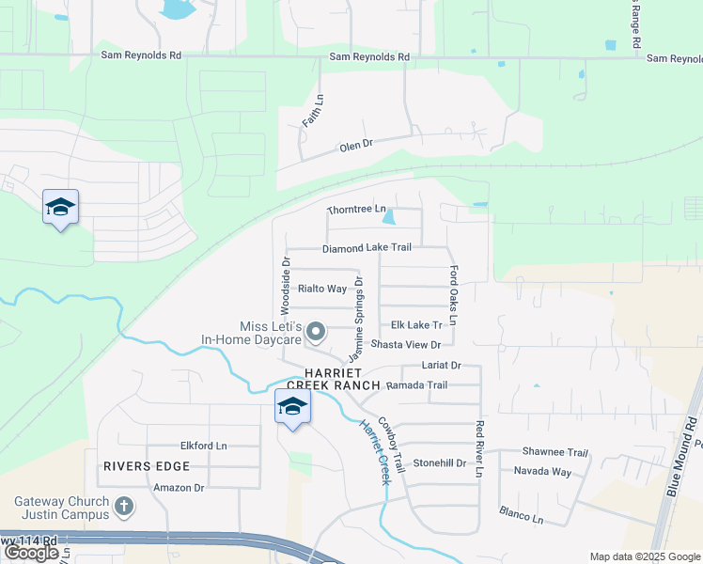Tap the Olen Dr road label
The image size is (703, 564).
(356, 145)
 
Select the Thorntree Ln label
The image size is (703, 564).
(356, 209)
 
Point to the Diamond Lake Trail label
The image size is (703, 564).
(367, 248)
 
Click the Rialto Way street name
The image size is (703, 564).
(322, 289)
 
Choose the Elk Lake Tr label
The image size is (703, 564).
(415, 325)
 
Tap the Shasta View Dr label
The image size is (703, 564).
(406, 345)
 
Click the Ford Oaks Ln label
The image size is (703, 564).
(453, 295)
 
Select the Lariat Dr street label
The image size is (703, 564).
(443, 365)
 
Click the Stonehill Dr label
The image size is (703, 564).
(440, 462)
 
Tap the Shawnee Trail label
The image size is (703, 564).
(556, 452)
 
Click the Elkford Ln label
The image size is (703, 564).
(204, 446)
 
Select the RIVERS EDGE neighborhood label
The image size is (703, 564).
(147, 466)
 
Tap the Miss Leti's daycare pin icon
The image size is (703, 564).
(317, 331)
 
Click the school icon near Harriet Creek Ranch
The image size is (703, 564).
(292, 407)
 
